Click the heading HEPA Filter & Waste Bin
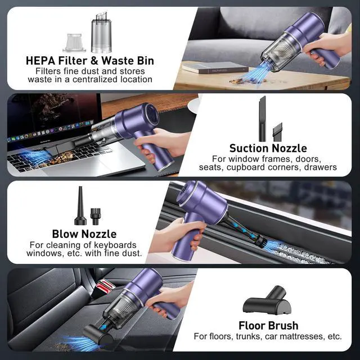(90, 60)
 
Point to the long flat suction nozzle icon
(262, 118)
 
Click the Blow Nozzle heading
(84, 233)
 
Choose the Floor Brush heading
(268, 326)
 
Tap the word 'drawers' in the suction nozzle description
(320, 167)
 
